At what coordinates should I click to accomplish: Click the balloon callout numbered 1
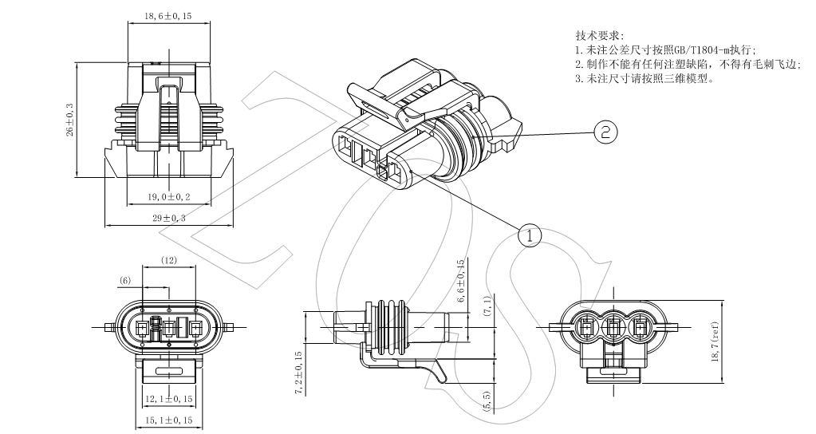[530, 235]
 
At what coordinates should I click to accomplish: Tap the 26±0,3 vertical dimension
[69, 119]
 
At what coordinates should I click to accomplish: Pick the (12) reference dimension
[169, 260]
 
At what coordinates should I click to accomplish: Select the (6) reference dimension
[125, 280]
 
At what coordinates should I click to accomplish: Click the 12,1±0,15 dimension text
[169, 398]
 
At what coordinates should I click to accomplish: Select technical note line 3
[644, 79]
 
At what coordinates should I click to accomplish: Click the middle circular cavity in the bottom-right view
[616, 326]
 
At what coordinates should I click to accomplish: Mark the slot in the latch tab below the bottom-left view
[169, 372]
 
